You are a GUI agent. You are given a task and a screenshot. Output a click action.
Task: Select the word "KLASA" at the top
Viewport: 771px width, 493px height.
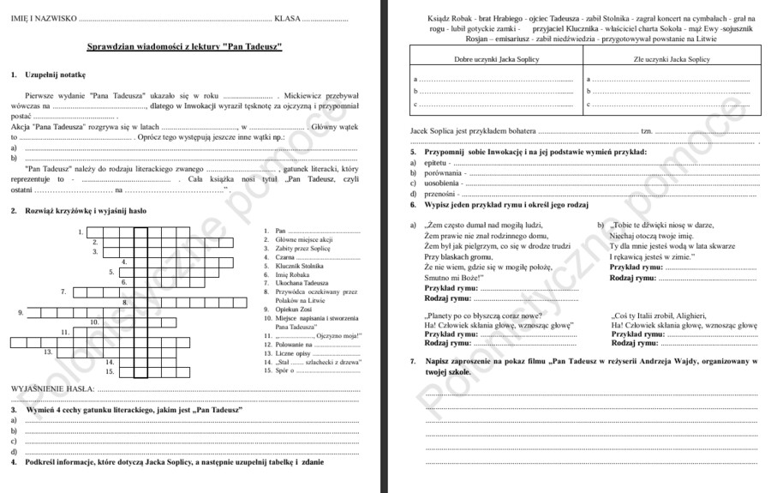point(287,17)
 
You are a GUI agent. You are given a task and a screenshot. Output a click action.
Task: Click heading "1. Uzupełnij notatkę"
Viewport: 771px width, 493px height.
point(48,75)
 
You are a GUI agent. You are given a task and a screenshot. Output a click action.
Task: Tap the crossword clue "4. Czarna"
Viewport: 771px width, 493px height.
point(284,257)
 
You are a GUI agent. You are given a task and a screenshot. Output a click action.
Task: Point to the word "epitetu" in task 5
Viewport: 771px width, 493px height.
point(436,162)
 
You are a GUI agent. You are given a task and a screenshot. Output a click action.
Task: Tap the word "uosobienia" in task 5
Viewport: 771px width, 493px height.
point(442,183)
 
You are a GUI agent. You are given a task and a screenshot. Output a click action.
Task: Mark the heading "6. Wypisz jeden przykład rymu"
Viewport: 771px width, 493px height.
point(498,205)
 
